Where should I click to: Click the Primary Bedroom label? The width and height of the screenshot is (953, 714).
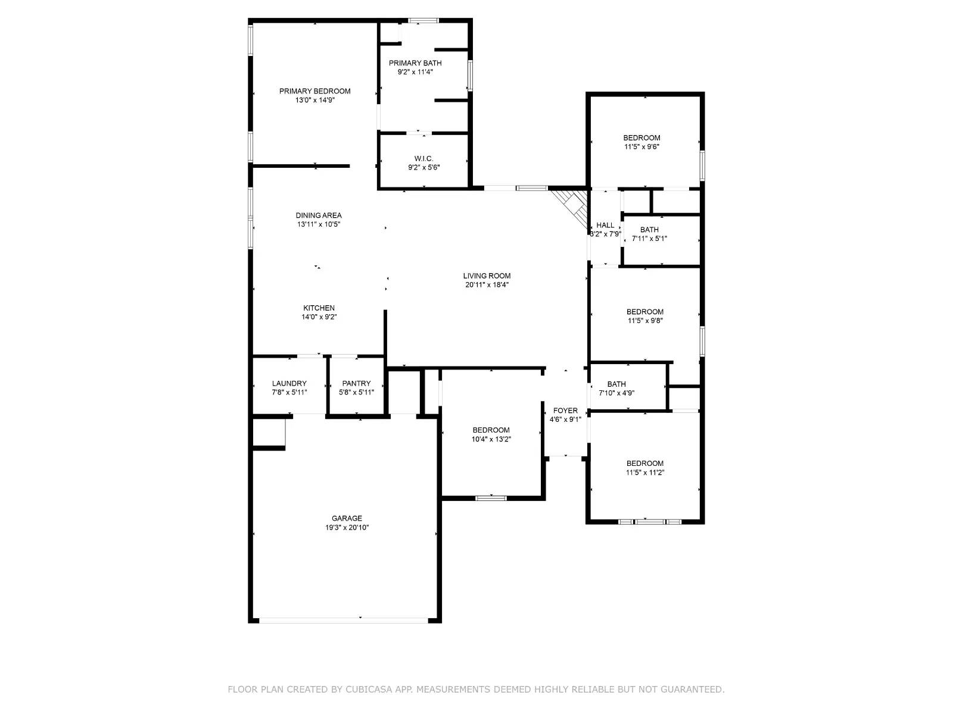pyautogui.click(x=314, y=91)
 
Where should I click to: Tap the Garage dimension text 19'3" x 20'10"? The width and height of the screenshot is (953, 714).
pyautogui.click(x=347, y=527)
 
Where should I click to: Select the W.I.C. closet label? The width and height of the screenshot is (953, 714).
pyautogui.click(x=423, y=158)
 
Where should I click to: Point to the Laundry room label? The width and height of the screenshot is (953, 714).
pyautogui.click(x=289, y=383)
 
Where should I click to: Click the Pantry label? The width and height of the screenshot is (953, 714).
pyautogui.click(x=356, y=383)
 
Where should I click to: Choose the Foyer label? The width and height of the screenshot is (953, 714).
pyautogui.click(x=565, y=411)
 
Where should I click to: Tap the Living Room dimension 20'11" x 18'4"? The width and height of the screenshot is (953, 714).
pyautogui.click(x=487, y=284)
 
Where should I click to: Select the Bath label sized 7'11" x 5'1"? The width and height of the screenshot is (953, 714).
pyautogui.click(x=649, y=230)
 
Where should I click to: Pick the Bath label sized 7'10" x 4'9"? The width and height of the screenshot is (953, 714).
pyautogui.click(x=616, y=384)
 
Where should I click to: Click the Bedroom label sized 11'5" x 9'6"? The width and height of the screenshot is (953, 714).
pyautogui.click(x=641, y=137)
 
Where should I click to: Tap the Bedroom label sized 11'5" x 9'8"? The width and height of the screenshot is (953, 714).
pyautogui.click(x=644, y=312)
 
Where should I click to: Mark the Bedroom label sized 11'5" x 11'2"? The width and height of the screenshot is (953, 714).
pyautogui.click(x=644, y=464)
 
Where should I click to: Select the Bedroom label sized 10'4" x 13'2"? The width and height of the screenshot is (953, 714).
pyautogui.click(x=491, y=430)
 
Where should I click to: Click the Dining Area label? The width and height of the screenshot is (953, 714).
pyautogui.click(x=319, y=215)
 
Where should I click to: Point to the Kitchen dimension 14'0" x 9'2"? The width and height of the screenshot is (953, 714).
pyautogui.click(x=319, y=317)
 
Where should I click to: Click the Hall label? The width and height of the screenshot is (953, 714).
pyautogui.click(x=605, y=225)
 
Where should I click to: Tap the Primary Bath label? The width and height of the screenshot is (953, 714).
pyautogui.click(x=415, y=63)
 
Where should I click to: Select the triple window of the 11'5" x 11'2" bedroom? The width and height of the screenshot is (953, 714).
pyautogui.click(x=649, y=522)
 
